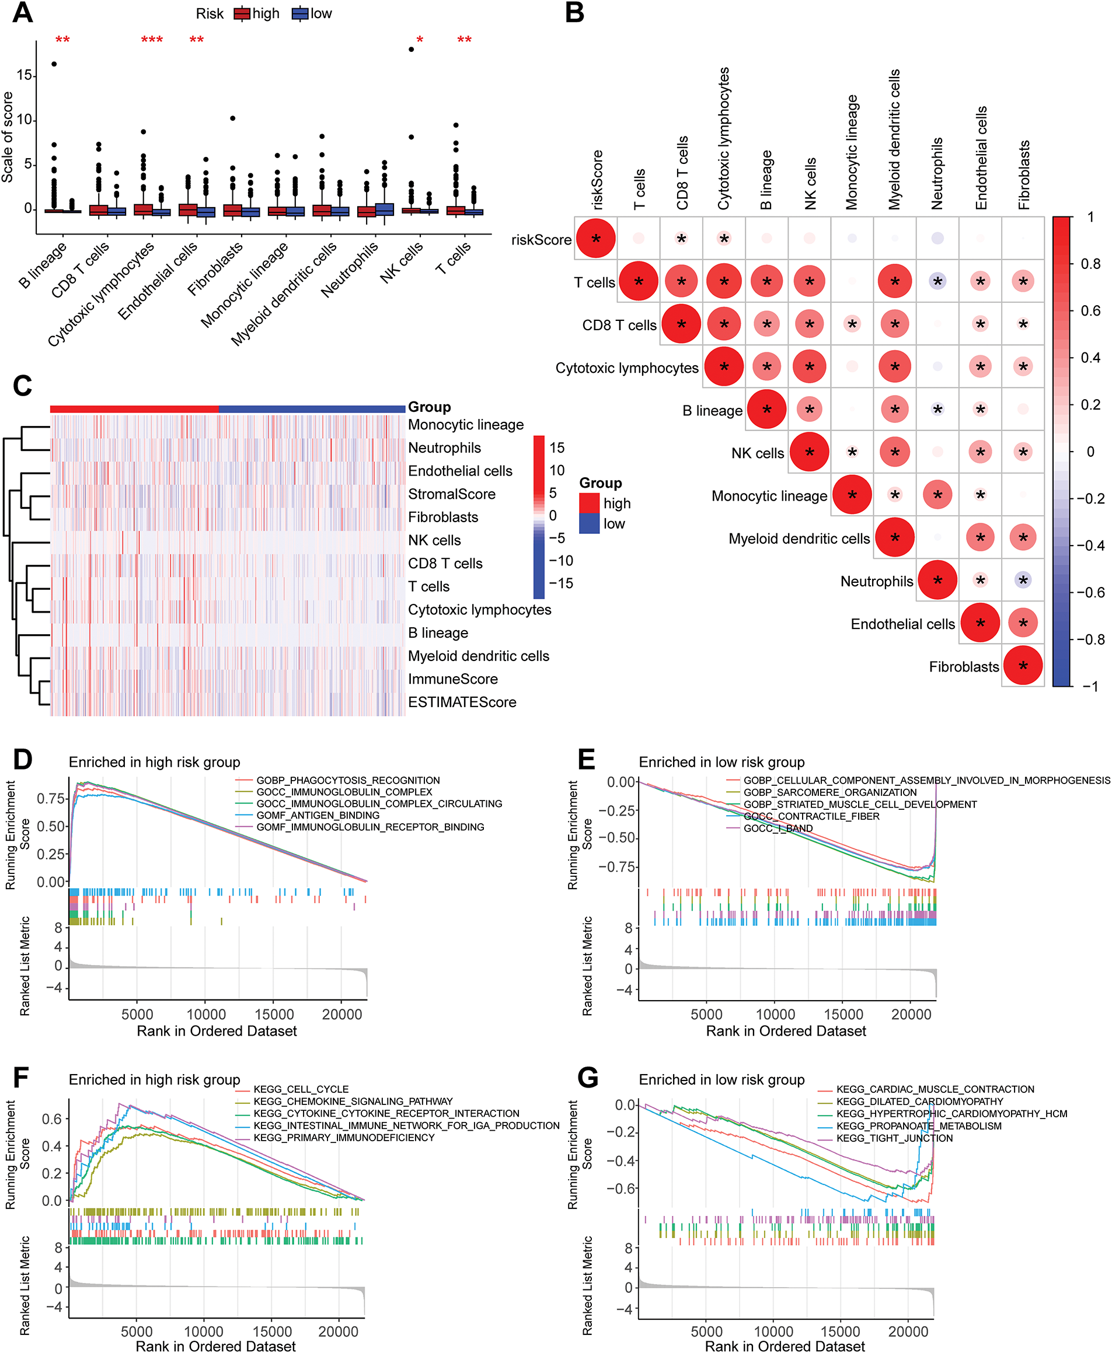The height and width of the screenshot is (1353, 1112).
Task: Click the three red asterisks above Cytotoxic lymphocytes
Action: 152,40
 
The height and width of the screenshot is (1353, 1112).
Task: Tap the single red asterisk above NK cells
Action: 420,40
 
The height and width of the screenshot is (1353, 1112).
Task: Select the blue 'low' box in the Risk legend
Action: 301,13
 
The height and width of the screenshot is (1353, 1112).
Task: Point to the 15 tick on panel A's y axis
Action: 25,76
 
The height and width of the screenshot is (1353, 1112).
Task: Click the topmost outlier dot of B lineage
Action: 54,64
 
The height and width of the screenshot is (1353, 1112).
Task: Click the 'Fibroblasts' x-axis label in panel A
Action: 215,269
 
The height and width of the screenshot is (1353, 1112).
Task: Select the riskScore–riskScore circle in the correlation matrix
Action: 596,238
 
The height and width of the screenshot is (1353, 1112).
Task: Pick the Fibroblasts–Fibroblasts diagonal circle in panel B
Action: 1023,666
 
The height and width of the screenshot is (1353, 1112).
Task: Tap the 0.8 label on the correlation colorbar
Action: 1090,264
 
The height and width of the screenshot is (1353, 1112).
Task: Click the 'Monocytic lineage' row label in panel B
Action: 769,497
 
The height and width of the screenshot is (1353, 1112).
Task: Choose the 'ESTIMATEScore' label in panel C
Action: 462,702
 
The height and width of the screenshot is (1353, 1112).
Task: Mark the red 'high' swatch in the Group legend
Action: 588,504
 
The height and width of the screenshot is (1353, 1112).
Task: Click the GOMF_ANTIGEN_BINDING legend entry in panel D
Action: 318,815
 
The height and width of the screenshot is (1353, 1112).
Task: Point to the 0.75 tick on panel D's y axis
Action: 51,799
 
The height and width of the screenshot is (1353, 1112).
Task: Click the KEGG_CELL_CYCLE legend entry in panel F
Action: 301,1089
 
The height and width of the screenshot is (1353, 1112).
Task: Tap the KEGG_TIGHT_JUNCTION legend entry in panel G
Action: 894,1138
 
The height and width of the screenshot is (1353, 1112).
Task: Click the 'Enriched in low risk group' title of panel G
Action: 721,1079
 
